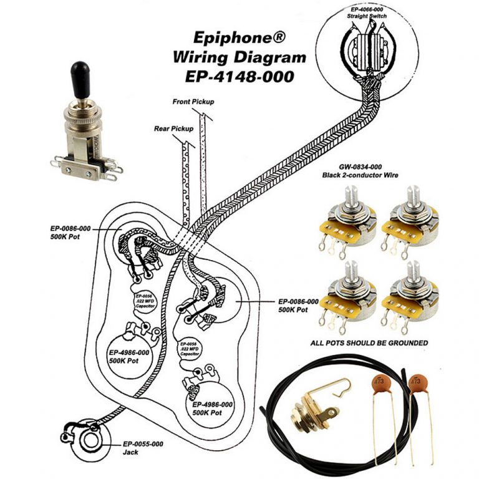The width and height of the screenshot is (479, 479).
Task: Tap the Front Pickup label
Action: pos(193,101)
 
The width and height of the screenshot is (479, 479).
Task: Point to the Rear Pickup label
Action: pos(173,129)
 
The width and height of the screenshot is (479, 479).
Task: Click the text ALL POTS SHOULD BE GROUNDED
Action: pos(369,343)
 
